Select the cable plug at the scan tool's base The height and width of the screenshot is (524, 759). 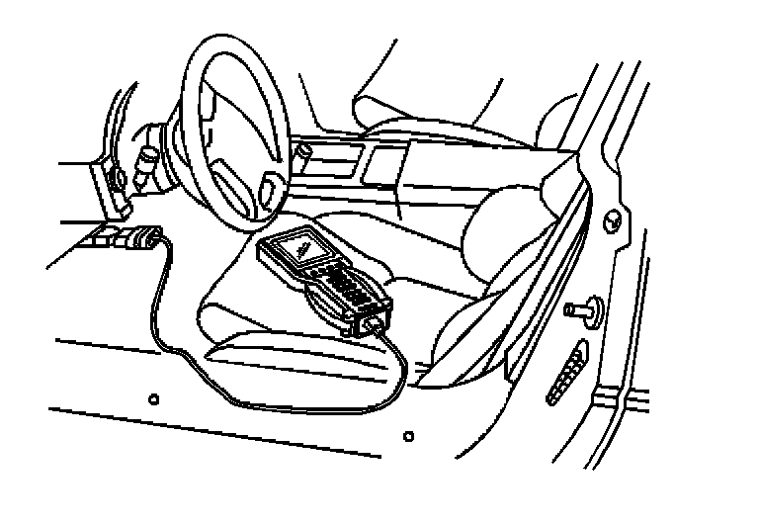tap(377, 325)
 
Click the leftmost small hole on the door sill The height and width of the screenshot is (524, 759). tap(152, 398)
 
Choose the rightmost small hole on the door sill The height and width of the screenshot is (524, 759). tap(408, 433)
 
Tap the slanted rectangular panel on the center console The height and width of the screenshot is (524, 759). tap(380, 169)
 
